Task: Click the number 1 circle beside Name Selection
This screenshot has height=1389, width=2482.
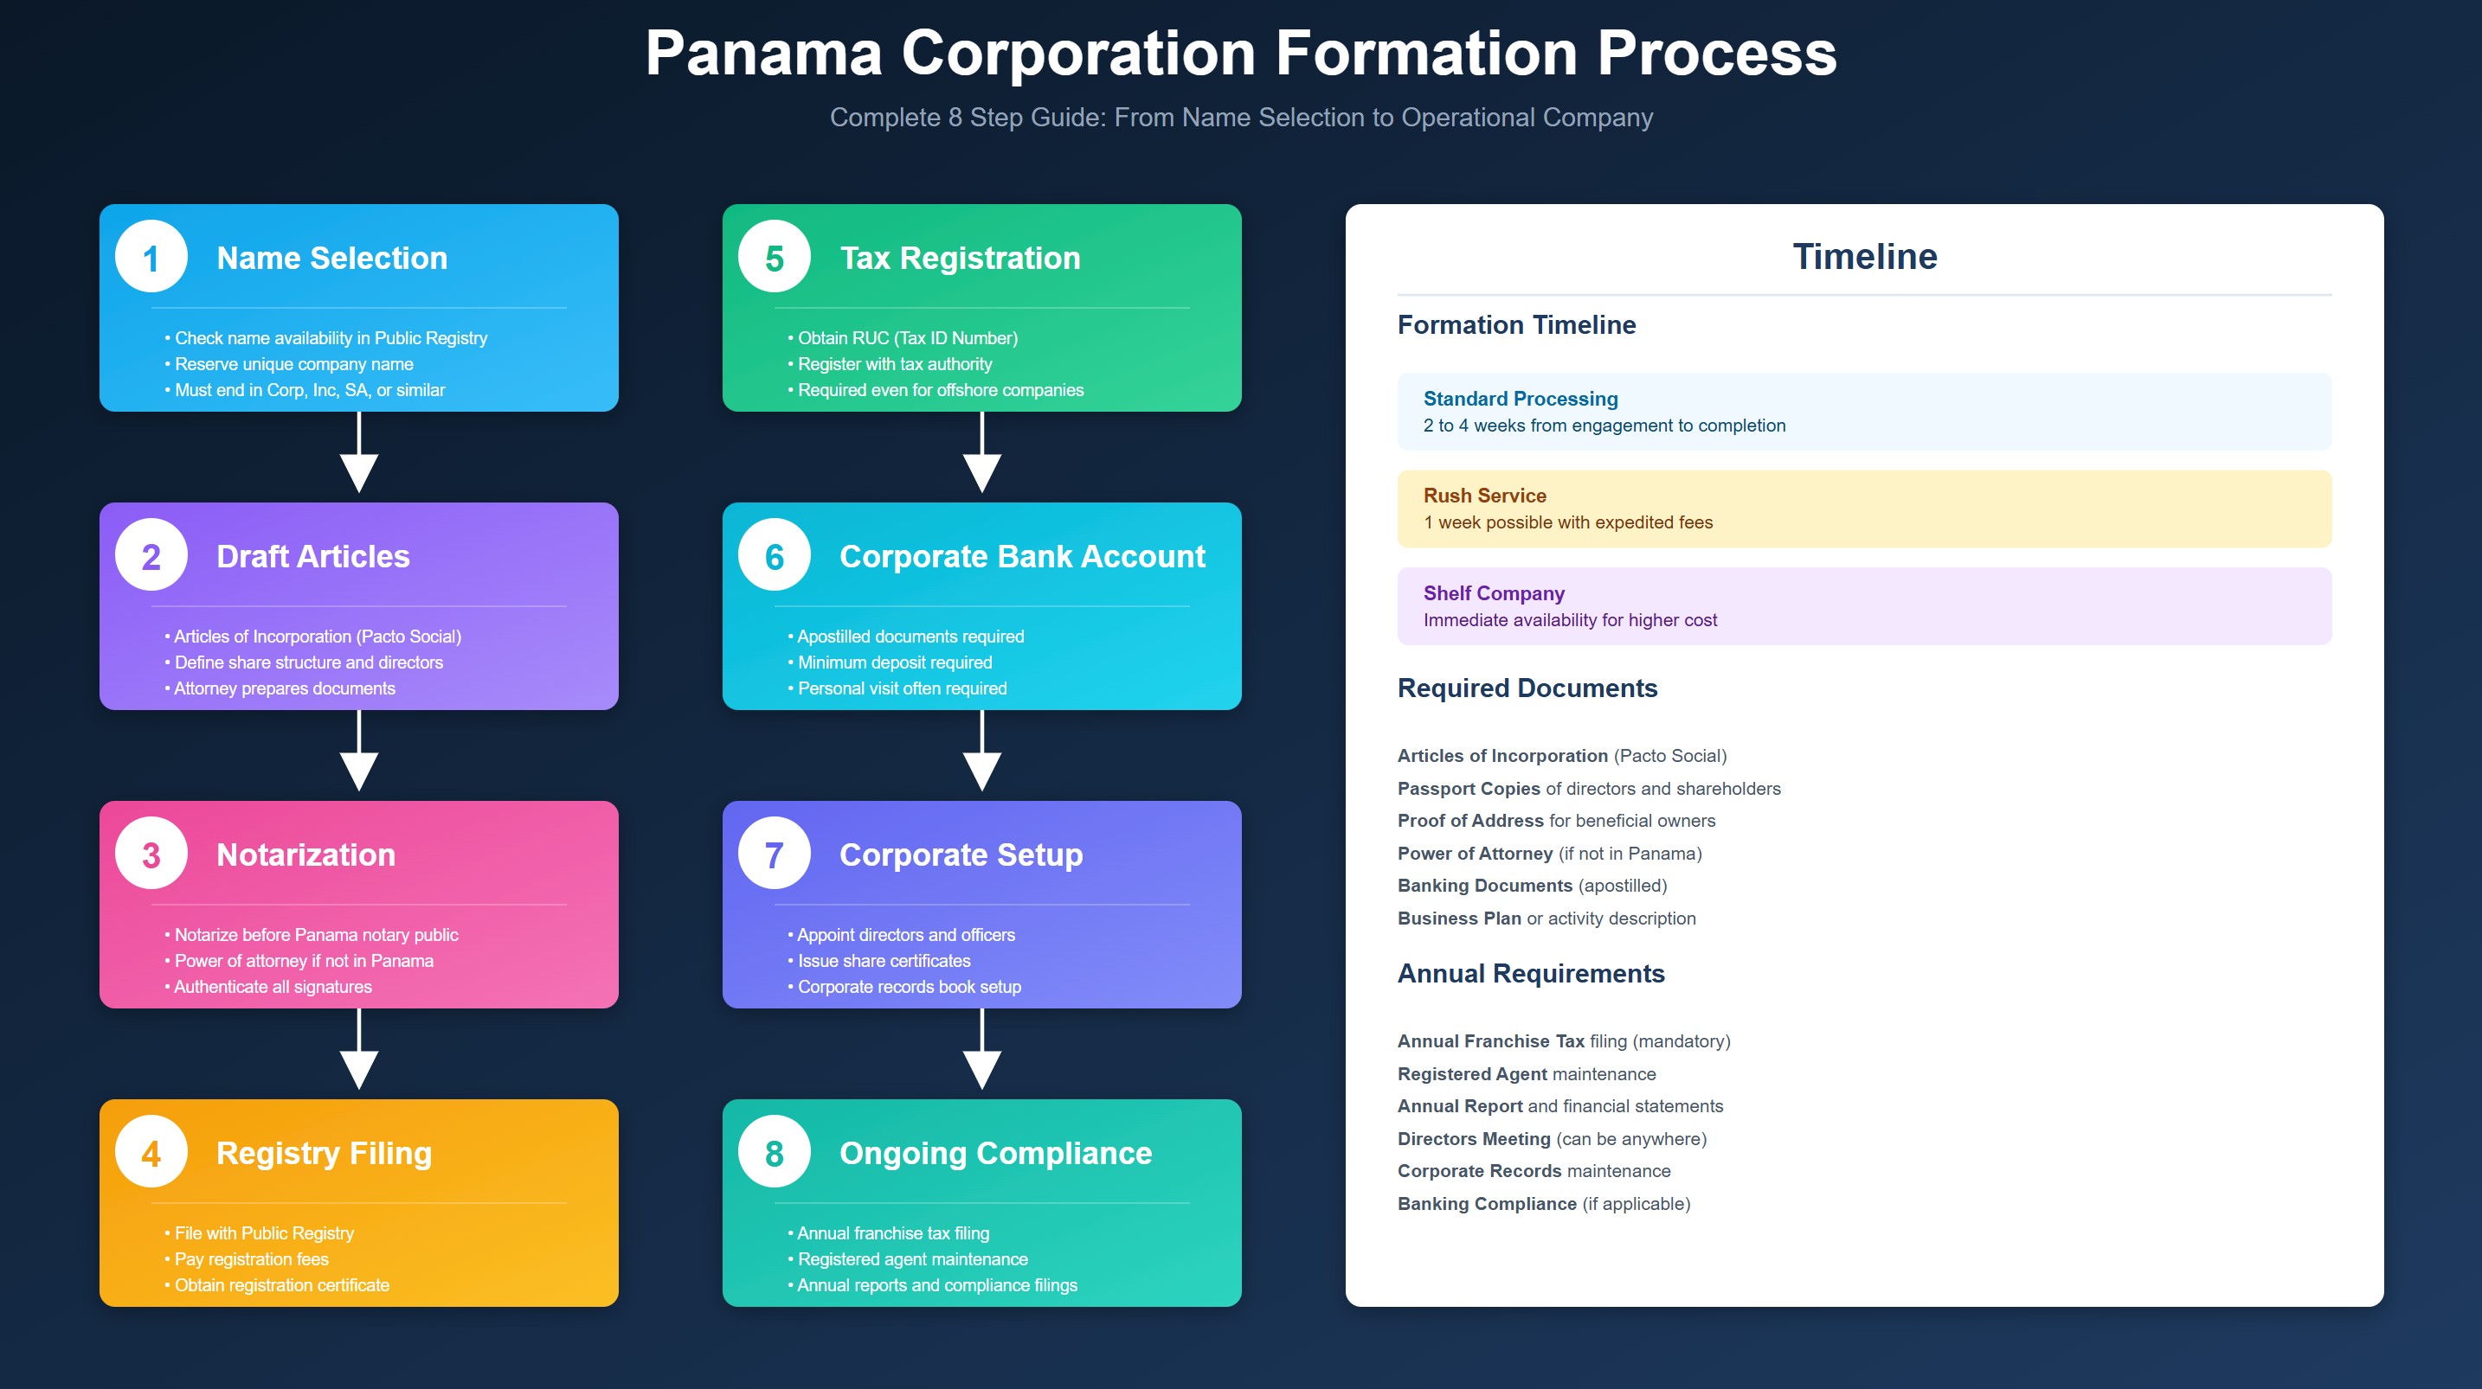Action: pyautogui.click(x=151, y=257)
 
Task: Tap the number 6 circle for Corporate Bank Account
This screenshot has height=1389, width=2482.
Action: pyautogui.click(x=774, y=556)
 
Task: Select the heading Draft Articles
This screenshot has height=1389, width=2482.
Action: pyautogui.click(x=313, y=556)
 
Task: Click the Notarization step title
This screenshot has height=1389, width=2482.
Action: pyautogui.click(x=305, y=855)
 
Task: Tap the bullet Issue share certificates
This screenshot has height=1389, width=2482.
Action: pyautogui.click(x=883, y=960)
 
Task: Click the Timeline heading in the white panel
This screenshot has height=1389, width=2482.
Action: pyautogui.click(x=1863, y=256)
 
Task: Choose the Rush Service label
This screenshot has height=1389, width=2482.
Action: pyautogui.click(x=1484, y=495)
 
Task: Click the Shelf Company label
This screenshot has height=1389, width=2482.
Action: pyautogui.click(x=1494, y=593)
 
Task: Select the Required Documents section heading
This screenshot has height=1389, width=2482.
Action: pyautogui.click(x=1527, y=688)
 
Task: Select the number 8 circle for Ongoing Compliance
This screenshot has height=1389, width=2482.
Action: pyautogui.click(x=774, y=1152)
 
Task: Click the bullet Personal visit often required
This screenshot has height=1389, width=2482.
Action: pyautogui.click(x=901, y=688)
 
